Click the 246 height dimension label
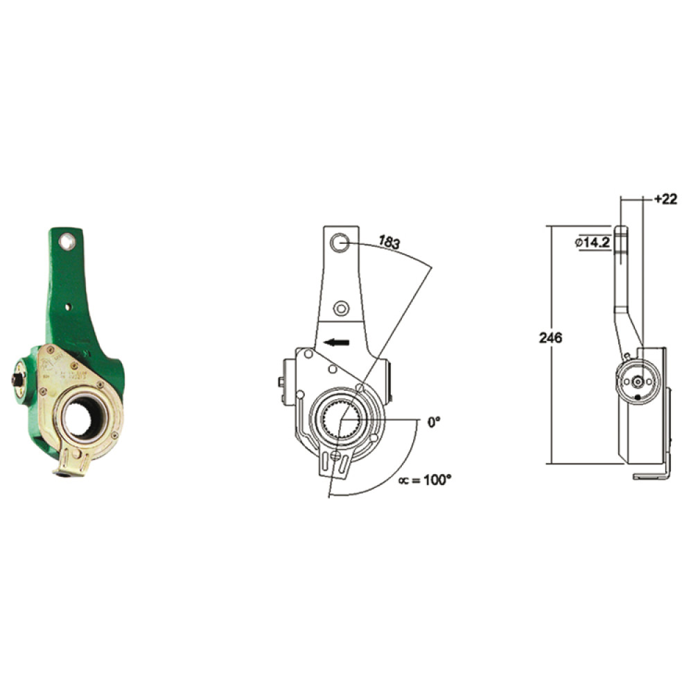click(551, 338)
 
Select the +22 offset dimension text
click(665, 200)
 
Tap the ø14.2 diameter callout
click(593, 242)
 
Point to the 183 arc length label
click(389, 242)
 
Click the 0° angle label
click(434, 422)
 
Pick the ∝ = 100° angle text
click(425, 480)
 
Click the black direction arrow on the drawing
click(336, 342)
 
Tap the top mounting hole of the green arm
click(67, 241)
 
